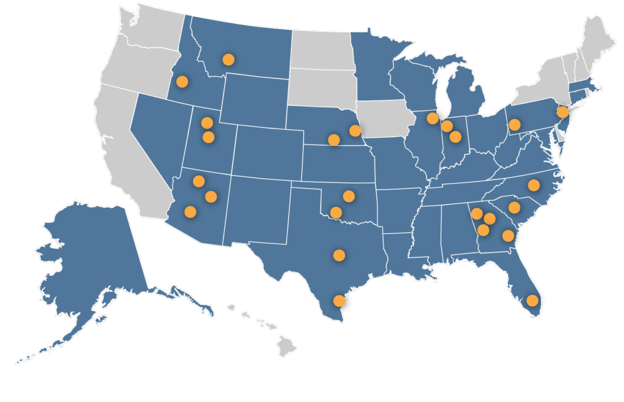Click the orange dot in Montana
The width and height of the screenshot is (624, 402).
[228, 59]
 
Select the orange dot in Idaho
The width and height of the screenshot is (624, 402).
[182, 81]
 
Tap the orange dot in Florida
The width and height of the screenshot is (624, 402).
[532, 300]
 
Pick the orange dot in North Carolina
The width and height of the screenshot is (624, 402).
[534, 184]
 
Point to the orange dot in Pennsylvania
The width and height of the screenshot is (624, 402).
[514, 125]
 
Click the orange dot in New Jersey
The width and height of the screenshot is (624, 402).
[562, 112]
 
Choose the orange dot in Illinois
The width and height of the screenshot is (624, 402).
[432, 118]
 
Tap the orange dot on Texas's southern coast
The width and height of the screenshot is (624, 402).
[339, 301]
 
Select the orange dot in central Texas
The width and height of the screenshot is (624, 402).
[339, 255]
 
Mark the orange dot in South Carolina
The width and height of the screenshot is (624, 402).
[514, 207]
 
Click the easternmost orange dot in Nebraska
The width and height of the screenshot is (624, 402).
[355, 130]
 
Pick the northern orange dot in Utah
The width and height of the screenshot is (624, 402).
[207, 123]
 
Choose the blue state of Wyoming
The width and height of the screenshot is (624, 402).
[255, 99]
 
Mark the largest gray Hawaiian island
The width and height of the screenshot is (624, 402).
[285, 345]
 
